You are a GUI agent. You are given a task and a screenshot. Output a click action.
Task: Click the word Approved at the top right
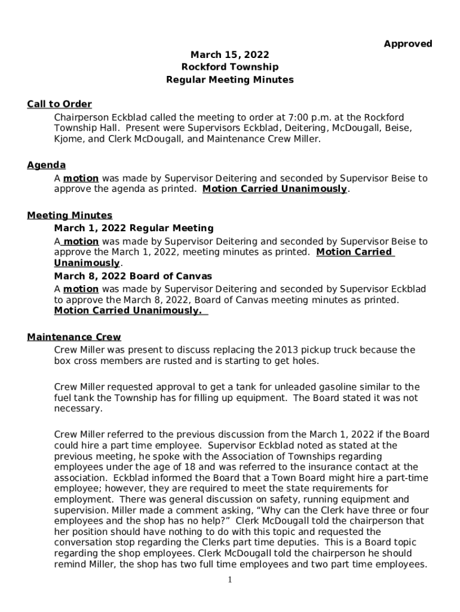[407, 44]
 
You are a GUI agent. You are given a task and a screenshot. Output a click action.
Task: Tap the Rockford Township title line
[229, 68]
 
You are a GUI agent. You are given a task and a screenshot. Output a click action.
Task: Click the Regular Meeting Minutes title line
[229, 79]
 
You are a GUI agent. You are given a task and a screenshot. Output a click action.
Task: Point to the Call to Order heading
[59, 105]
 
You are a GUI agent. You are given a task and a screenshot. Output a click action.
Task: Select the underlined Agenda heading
[46, 166]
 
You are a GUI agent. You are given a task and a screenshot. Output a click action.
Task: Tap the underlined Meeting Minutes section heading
[69, 215]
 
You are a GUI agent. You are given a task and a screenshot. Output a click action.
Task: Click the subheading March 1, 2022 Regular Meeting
[133, 228]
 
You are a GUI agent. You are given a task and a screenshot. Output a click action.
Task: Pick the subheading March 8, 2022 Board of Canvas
[133, 277]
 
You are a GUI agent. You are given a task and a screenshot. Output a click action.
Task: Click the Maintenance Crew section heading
[73, 338]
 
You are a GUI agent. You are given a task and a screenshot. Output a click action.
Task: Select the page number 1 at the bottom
[230, 580]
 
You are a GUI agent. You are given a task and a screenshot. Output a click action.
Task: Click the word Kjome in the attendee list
[68, 139]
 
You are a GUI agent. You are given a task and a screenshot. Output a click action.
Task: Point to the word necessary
[78, 409]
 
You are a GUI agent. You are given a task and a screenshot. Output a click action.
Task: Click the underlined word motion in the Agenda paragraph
[81, 178]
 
